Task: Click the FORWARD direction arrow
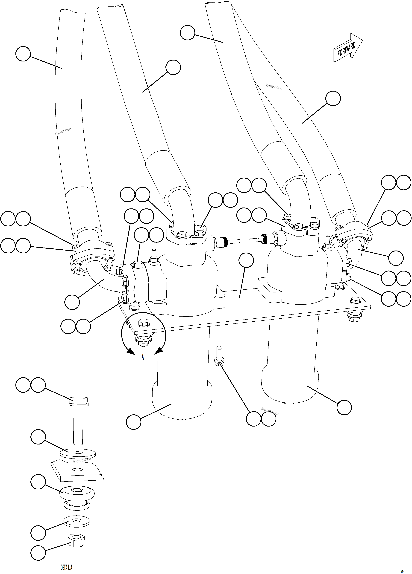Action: click(347, 48)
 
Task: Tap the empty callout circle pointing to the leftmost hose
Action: click(23, 54)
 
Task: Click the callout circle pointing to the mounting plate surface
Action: click(246, 260)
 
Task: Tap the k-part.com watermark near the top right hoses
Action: click(275, 87)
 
